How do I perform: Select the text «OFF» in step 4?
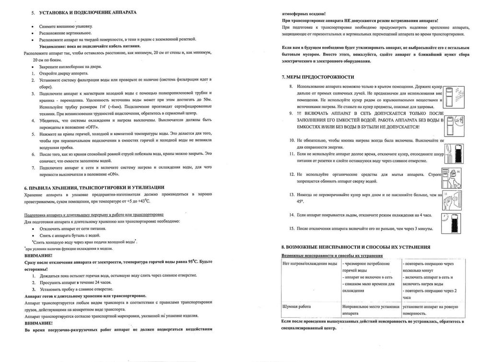tap(92, 129)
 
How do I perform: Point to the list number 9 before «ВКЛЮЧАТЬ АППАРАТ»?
tap(292, 112)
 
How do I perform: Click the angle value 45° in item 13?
tap(300, 201)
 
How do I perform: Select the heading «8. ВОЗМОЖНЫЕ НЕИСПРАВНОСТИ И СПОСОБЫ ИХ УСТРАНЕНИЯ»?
tap(355, 247)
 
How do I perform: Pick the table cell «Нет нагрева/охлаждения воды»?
tap(310, 264)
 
